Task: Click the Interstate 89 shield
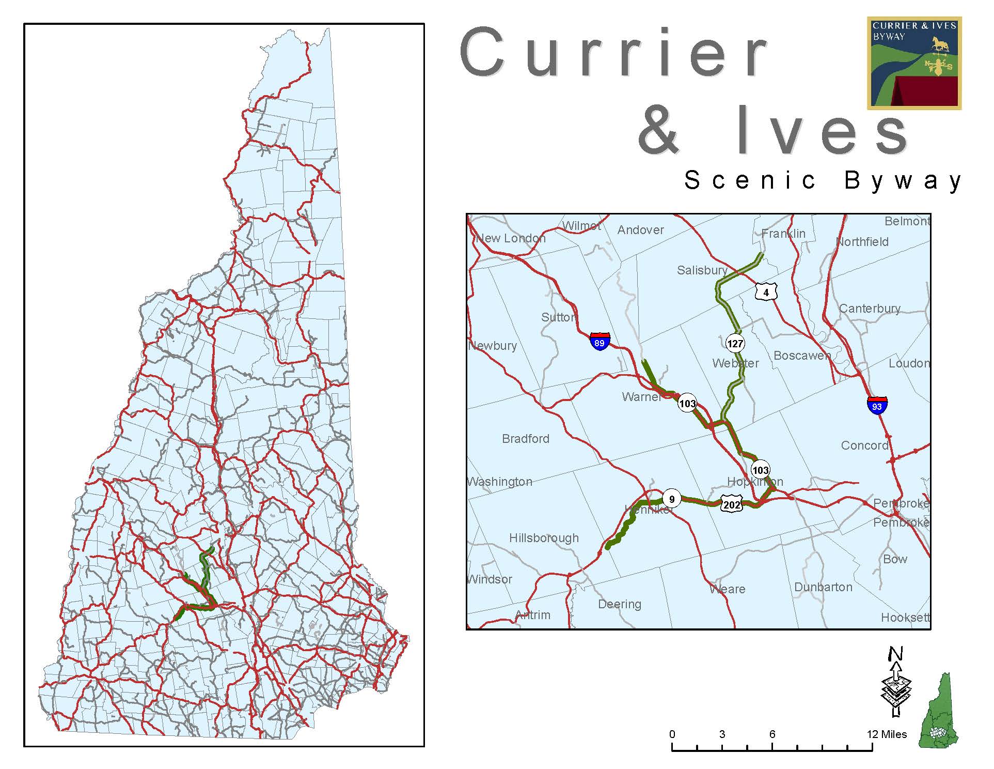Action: click(x=599, y=342)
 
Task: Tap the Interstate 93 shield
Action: click(x=877, y=405)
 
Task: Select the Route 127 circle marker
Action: click(x=735, y=343)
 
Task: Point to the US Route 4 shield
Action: click(x=766, y=292)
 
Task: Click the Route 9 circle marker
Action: click(x=671, y=499)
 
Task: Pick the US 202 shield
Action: click(x=732, y=504)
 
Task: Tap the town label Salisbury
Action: click(x=702, y=270)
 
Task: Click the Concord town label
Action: click(x=864, y=445)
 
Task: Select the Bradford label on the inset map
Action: click(x=526, y=439)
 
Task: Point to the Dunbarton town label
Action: click(x=823, y=587)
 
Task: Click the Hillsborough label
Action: click(x=544, y=538)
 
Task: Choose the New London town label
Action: click(x=511, y=238)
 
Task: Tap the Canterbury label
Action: click(x=870, y=309)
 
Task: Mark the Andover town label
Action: click(x=640, y=230)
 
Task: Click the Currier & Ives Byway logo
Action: click(x=914, y=63)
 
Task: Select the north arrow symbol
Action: click(x=896, y=683)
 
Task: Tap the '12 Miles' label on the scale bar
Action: click(x=887, y=734)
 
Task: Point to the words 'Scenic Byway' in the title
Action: click(x=823, y=180)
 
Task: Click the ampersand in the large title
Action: click(x=658, y=129)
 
